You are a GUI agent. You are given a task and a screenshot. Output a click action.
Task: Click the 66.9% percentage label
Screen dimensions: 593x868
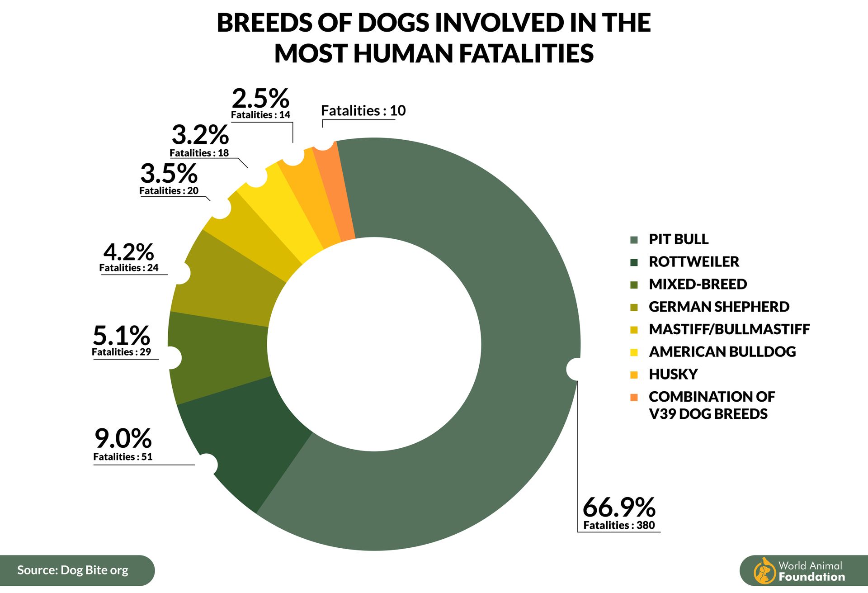(618, 507)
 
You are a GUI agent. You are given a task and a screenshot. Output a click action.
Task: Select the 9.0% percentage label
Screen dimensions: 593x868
(123, 438)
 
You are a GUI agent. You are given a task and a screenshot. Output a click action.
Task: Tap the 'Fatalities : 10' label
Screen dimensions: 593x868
(363, 111)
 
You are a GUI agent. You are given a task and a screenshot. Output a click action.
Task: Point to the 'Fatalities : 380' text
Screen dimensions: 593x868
(619, 525)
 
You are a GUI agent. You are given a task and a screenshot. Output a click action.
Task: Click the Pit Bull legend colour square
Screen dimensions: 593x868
(634, 240)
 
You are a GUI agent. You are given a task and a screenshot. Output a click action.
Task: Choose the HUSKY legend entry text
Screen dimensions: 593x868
(673, 375)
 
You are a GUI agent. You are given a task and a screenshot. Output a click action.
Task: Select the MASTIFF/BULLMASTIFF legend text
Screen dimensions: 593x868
(729, 329)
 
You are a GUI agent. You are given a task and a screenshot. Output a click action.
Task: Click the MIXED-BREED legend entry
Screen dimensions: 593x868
(698, 285)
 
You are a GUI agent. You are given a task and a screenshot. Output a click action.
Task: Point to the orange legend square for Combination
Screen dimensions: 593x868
(634, 397)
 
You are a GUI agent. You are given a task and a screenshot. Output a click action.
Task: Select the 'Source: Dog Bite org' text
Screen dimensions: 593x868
(73, 570)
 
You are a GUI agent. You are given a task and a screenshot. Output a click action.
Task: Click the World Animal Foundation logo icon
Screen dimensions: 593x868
(764, 571)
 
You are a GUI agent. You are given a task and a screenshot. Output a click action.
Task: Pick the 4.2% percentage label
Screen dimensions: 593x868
(128, 252)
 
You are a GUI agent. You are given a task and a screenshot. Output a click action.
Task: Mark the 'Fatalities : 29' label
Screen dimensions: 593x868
(121, 352)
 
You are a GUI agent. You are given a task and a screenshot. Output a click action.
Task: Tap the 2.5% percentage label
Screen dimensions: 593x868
(260, 98)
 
